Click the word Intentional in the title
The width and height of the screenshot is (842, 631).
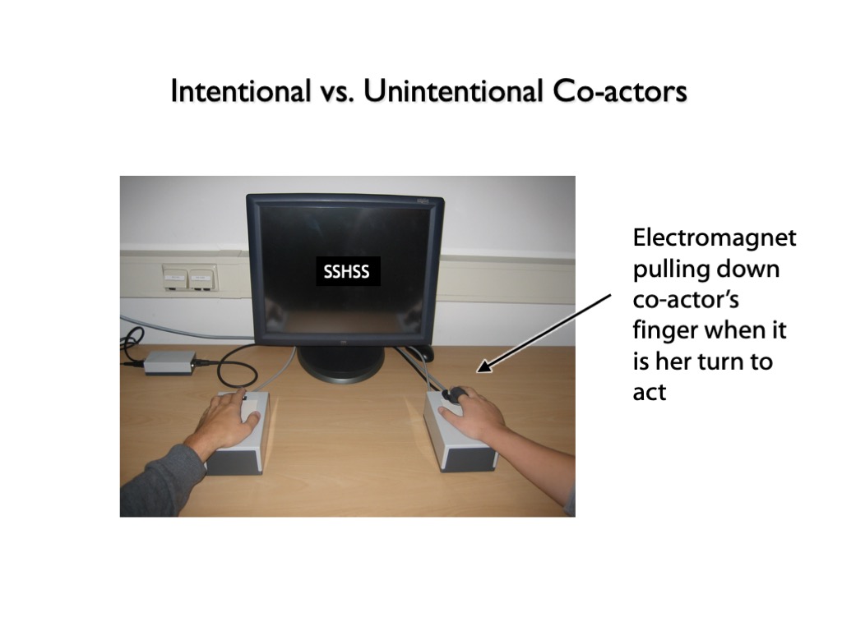tap(241, 90)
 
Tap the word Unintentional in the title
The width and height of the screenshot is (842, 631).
tap(453, 90)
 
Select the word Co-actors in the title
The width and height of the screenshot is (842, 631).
tap(620, 90)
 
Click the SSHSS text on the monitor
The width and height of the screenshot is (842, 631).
tap(346, 271)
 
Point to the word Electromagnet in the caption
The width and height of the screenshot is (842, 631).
tap(715, 237)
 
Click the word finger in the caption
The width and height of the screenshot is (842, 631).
tap(664, 330)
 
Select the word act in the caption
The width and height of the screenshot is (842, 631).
tap(650, 393)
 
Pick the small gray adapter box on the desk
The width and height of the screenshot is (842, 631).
tap(169, 362)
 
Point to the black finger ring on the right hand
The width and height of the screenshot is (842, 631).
tap(452, 394)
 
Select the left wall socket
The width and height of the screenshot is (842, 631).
tap(174, 278)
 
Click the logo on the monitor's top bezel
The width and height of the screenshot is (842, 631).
tap(424, 201)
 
